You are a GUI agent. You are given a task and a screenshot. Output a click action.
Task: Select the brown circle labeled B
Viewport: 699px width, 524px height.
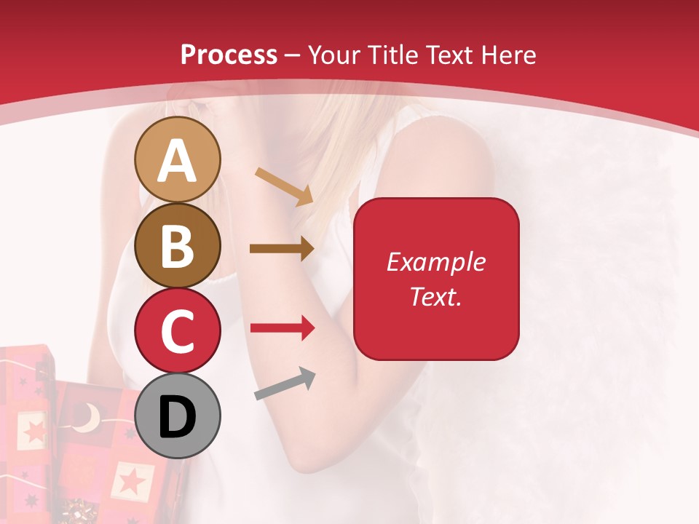click(x=177, y=245)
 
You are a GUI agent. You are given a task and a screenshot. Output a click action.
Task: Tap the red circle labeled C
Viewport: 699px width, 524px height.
click(x=177, y=330)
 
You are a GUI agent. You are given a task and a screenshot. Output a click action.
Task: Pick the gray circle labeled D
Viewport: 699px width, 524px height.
click(x=177, y=416)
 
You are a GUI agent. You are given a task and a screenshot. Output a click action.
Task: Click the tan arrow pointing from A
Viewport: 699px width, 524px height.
click(x=284, y=186)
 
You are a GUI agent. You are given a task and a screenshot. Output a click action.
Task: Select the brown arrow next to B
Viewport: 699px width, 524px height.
click(x=282, y=249)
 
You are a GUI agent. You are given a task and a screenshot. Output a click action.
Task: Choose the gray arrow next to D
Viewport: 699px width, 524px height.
click(x=285, y=384)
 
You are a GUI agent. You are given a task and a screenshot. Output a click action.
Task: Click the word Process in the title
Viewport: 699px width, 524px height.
click(x=229, y=55)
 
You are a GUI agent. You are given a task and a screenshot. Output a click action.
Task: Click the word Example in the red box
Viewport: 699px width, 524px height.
click(x=436, y=262)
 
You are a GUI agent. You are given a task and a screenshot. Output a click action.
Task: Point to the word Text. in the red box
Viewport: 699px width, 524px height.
click(x=436, y=296)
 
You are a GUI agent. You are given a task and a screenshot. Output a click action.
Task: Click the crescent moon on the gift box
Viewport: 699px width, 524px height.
click(x=88, y=417)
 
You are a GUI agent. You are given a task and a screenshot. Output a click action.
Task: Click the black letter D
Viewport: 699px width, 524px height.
click(x=177, y=417)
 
